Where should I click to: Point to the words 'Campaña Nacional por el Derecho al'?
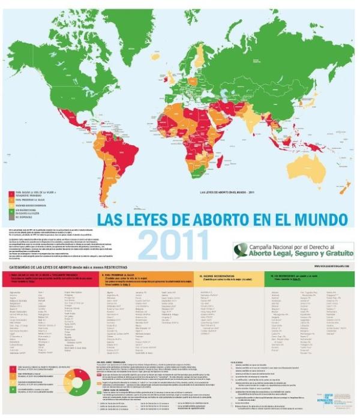(x=289, y=246)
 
